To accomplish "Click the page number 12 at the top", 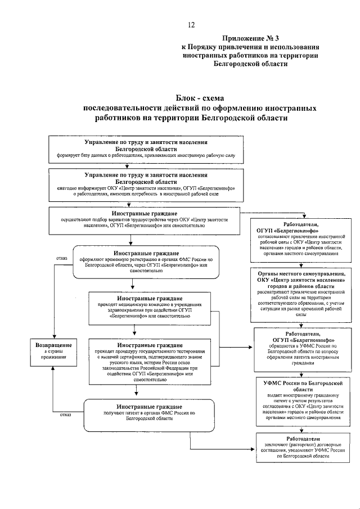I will pyautogui.click(x=191, y=24).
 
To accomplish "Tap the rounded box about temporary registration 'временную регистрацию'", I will pyautogui.click(x=145, y=262).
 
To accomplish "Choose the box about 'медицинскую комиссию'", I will pyautogui.click(x=149, y=307).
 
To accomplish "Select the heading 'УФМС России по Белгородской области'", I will pyautogui.click(x=304, y=386).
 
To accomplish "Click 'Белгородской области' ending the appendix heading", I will pyautogui.click(x=251, y=64).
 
